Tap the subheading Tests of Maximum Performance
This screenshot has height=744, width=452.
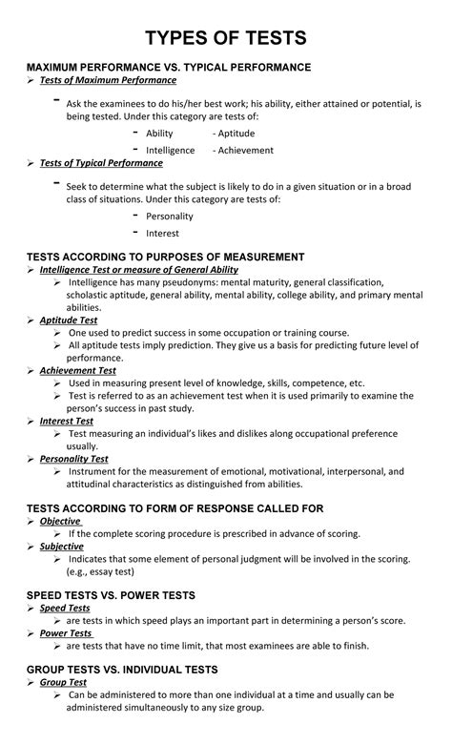pos(108,82)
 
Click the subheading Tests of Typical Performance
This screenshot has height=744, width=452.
pos(101,163)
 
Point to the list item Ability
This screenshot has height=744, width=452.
pos(159,134)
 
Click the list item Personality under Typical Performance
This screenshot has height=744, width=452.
pos(170,217)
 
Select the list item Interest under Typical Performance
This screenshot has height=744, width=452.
pos(162,233)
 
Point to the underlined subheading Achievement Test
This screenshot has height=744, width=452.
pos(78,370)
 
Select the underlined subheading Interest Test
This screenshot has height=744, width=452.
pos(67,420)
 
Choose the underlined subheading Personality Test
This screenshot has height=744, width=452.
pos(73,458)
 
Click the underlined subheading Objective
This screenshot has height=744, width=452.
pos(60,522)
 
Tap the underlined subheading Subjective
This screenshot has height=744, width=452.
pos(62,547)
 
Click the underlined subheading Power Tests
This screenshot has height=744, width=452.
pos(66,632)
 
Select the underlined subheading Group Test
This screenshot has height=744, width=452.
pos(63,682)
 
